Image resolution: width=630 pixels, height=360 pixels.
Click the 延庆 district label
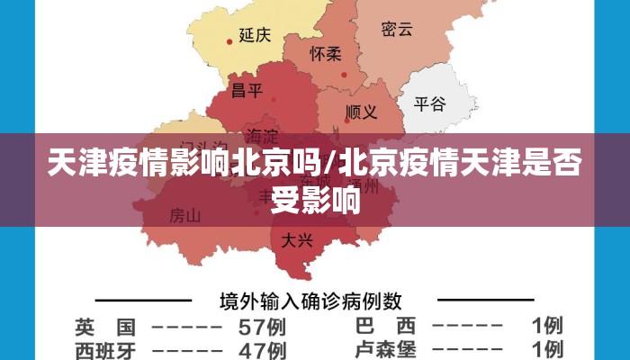(255, 35)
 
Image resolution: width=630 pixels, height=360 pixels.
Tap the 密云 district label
(396, 29)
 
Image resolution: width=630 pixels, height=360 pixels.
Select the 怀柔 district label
(326, 54)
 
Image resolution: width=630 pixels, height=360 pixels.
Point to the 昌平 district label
(247, 90)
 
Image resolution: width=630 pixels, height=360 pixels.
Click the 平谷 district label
(429, 103)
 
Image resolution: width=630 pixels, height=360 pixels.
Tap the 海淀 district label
(262, 136)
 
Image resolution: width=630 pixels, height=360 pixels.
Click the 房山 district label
(185, 216)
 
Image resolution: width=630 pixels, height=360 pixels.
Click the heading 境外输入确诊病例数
(311, 300)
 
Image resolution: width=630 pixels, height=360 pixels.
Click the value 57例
(262, 326)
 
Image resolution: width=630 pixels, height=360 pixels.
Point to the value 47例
(262, 349)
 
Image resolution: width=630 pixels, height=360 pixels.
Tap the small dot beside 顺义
(346, 116)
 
